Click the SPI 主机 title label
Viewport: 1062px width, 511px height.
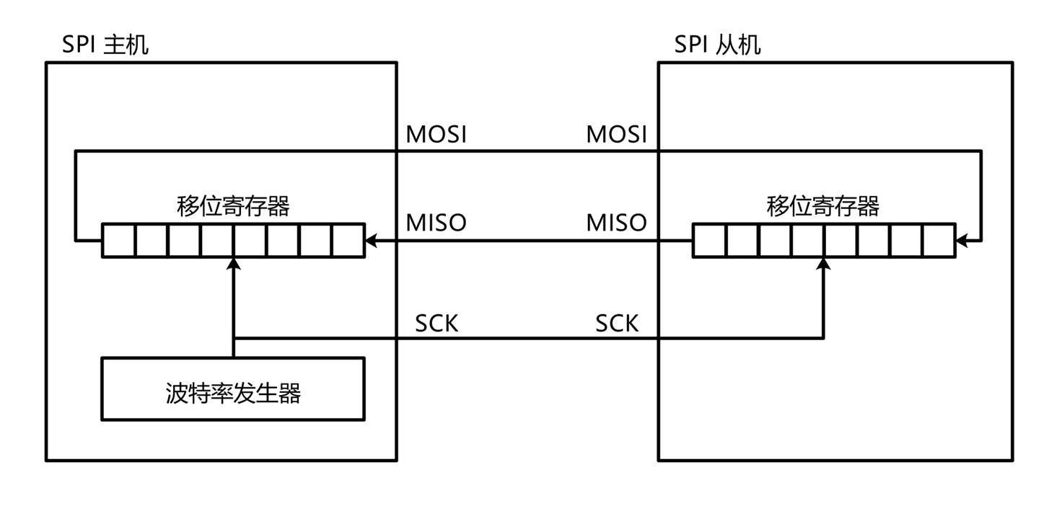[105, 45]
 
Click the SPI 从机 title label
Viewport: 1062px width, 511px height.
[717, 45]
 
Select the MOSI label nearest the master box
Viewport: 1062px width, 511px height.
[436, 134]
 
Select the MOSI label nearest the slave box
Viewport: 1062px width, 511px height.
[616, 134]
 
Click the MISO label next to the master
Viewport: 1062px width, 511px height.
[436, 223]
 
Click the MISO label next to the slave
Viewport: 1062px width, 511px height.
[616, 223]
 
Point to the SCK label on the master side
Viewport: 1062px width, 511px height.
[436, 324]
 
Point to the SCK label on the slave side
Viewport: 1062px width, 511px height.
[617, 324]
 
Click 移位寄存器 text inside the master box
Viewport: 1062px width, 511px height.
[233, 206]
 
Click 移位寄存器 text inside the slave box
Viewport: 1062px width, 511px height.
[823, 206]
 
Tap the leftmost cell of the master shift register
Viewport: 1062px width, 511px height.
[118, 241]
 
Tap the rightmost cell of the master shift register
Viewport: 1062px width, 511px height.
[348, 241]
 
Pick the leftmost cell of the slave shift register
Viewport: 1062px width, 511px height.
[708, 241]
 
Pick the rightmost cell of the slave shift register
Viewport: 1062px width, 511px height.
[939, 241]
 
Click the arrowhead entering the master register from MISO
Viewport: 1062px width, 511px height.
[372, 241]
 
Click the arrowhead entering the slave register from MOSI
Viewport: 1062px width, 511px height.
[962, 241]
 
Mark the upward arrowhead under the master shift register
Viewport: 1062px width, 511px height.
[233, 265]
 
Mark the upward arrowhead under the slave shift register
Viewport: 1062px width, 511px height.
[824, 265]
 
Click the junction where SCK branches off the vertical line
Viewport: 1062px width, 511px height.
[233, 338]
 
